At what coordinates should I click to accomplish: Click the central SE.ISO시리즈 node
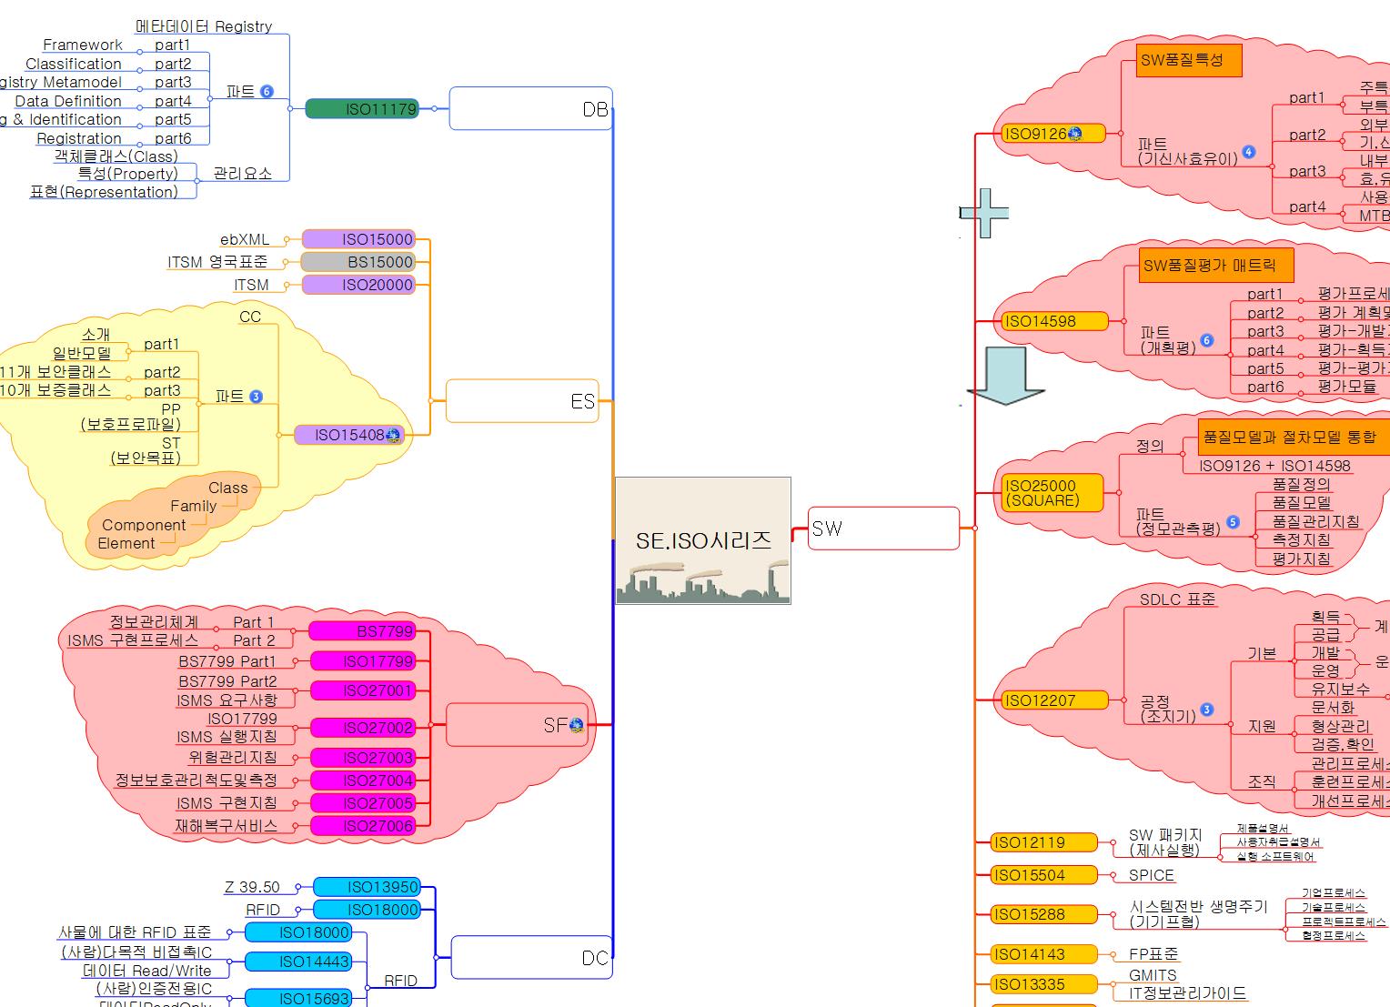(703, 540)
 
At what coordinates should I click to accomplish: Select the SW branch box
(883, 529)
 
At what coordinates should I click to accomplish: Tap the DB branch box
(530, 109)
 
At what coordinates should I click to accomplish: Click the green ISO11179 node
(361, 109)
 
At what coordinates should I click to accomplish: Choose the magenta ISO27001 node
(362, 690)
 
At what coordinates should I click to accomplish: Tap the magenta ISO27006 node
(362, 826)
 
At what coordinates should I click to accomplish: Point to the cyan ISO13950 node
(367, 887)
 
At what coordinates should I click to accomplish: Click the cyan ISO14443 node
(298, 962)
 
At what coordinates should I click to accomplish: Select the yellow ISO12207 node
(1050, 700)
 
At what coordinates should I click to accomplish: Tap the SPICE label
(1151, 875)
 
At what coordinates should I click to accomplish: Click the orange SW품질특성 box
(1188, 61)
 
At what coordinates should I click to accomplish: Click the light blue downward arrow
(1005, 376)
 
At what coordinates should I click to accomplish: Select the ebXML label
(245, 239)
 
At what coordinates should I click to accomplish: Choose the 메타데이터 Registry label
(204, 26)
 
